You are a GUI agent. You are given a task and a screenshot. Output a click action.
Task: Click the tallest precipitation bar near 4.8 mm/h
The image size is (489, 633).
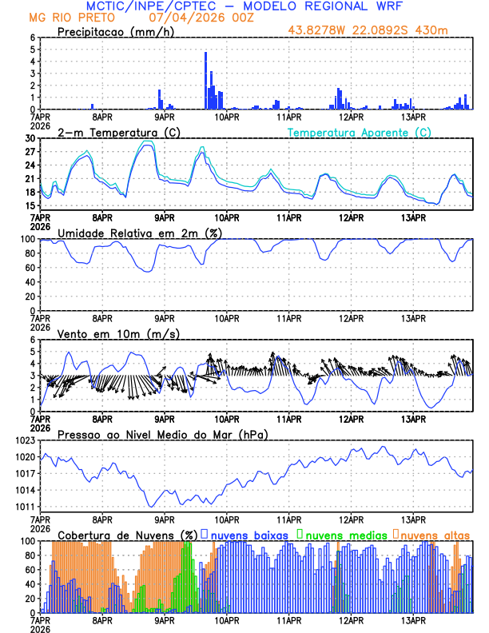[206, 80]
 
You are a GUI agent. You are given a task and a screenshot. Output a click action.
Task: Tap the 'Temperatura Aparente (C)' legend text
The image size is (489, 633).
[360, 132]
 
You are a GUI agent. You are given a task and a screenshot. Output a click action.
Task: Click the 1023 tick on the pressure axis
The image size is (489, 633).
[26, 440]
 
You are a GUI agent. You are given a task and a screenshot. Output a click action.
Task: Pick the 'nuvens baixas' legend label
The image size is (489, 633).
[248, 534]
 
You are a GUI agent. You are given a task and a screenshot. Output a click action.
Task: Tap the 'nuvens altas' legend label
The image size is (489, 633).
[435, 534]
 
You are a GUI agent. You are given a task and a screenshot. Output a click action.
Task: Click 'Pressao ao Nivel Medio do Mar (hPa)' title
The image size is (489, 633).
[162, 434]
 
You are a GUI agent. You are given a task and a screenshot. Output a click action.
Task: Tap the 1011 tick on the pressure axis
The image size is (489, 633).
[26, 507]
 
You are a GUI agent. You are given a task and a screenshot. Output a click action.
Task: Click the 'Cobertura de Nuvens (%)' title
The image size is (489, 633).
[127, 534]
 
